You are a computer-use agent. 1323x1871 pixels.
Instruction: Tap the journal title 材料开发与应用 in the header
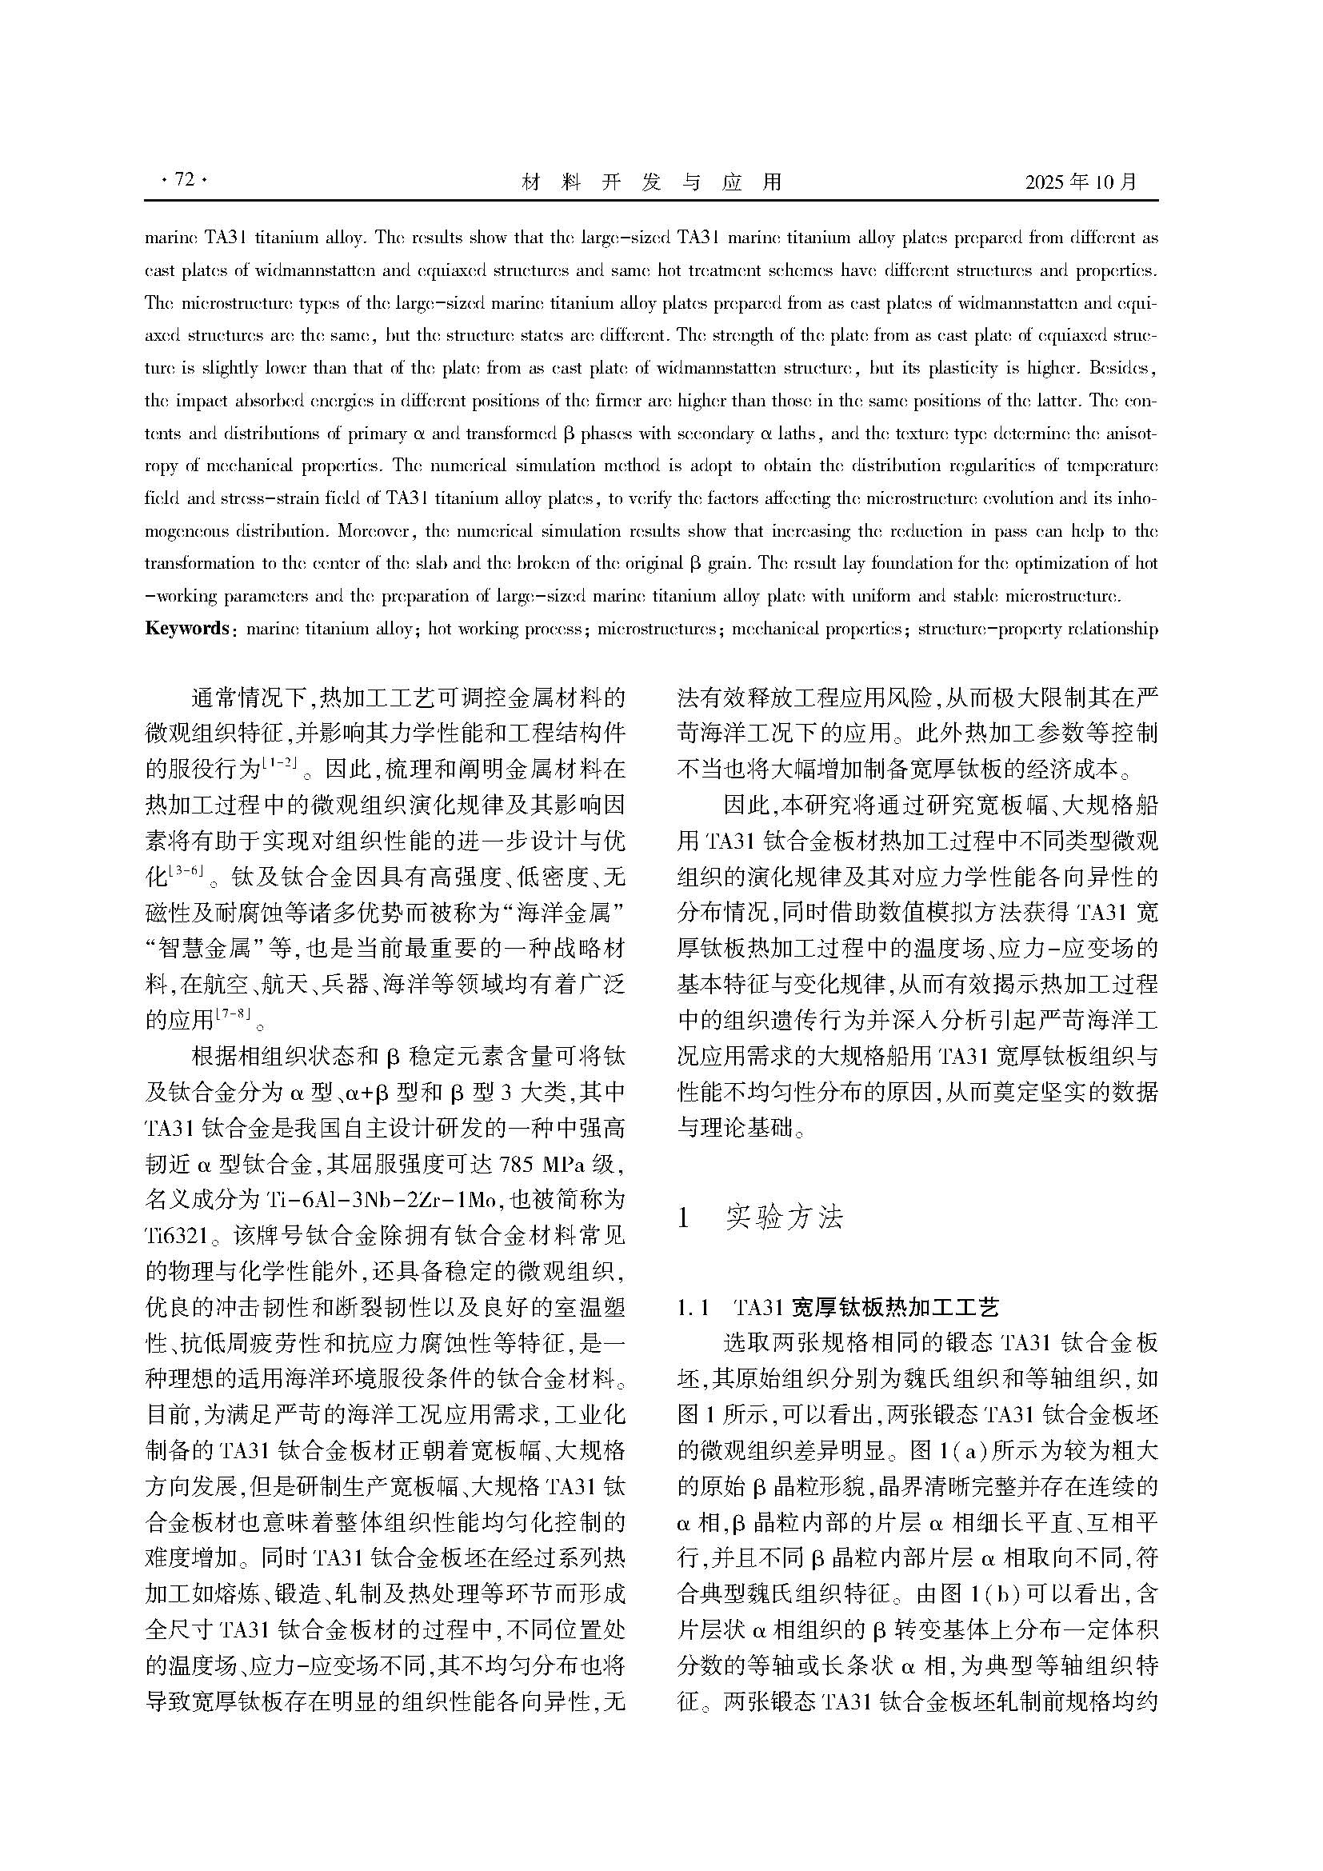pyautogui.click(x=651, y=182)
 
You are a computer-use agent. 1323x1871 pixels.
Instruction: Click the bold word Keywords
pyautogui.click(x=186, y=628)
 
